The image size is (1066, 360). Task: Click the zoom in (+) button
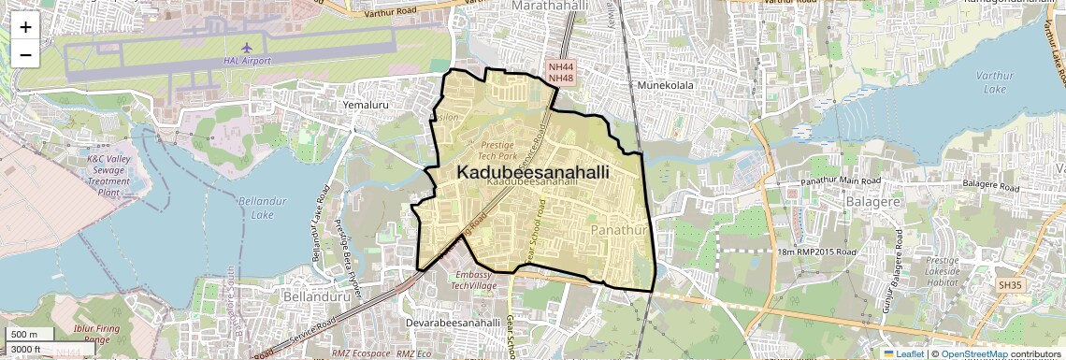(25, 27)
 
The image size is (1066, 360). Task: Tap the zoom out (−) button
(25, 55)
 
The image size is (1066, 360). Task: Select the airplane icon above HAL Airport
(247, 47)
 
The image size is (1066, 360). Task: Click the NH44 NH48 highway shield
(560, 72)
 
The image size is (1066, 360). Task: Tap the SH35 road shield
(1010, 284)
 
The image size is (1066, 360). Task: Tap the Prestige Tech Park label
(504, 151)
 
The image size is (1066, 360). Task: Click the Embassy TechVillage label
(478, 281)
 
